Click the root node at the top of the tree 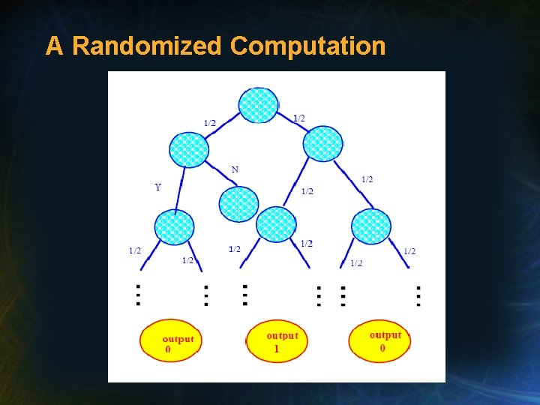point(258,105)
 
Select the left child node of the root point(188,149)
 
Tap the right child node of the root point(323,143)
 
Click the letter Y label point(157,187)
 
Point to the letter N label point(235,169)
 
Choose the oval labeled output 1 point(276,342)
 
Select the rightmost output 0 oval point(380,340)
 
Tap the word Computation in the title point(307,46)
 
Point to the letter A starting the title point(54,46)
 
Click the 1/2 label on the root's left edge point(209,123)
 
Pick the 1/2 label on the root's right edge point(298,118)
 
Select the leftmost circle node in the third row point(174,227)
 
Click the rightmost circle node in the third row point(371,226)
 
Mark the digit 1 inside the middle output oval point(276,349)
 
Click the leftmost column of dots point(138,295)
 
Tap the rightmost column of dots point(418,295)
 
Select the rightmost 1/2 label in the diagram point(409,251)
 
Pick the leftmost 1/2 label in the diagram point(135,250)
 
